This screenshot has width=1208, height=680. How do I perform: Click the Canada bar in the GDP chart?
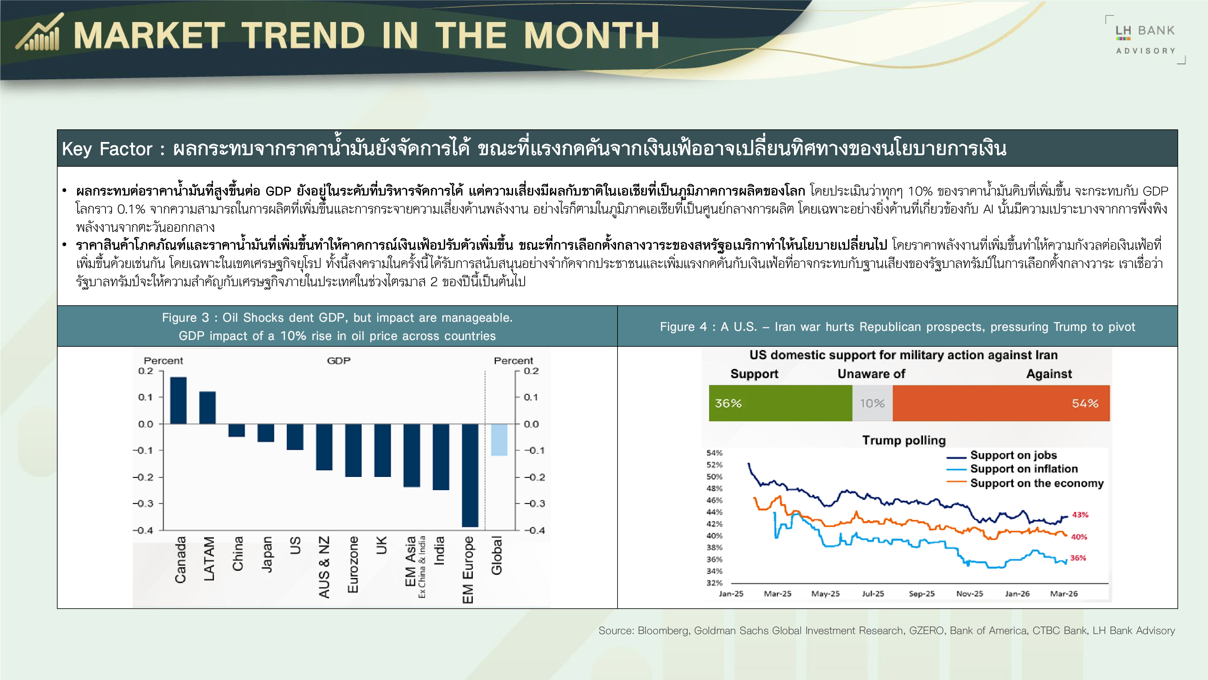[x=178, y=400]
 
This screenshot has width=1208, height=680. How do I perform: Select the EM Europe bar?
[x=470, y=475]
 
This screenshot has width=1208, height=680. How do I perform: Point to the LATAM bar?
[x=207, y=408]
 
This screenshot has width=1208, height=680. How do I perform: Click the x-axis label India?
[x=439, y=551]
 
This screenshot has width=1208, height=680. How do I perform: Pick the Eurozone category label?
[x=353, y=564]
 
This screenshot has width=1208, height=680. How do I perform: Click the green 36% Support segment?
[x=780, y=403]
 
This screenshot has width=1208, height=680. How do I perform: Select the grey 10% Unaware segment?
[x=872, y=403]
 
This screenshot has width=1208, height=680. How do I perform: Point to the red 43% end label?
[x=1080, y=515]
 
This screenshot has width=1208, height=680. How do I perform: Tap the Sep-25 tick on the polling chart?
[x=921, y=594]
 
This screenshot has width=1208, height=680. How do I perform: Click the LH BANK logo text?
[x=1145, y=31]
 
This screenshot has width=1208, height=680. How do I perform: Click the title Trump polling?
[x=904, y=440]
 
